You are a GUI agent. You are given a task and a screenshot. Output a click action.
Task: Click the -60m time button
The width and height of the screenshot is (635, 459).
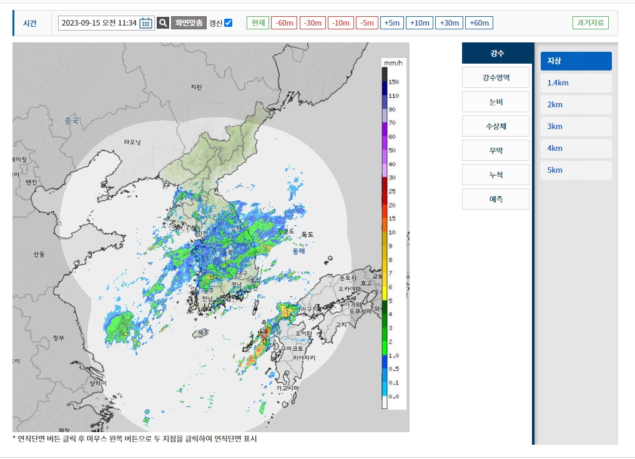click(x=284, y=23)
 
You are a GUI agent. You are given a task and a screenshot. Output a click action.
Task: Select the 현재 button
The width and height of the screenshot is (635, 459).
click(x=257, y=23)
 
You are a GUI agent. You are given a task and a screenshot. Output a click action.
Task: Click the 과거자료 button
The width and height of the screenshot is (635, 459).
click(x=590, y=23)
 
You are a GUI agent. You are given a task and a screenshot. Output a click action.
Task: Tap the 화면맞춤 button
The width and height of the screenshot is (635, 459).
click(x=189, y=23)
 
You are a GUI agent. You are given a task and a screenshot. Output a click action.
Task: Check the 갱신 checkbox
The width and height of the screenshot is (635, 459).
click(x=229, y=23)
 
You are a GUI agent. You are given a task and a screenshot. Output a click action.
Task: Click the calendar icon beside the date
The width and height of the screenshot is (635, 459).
click(x=146, y=23)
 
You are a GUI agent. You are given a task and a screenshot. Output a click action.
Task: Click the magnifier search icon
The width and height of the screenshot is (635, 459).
click(x=163, y=23)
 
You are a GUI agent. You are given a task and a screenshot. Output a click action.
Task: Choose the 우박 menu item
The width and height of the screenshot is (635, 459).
click(x=496, y=150)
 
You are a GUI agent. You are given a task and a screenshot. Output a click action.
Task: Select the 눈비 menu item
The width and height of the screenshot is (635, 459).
click(x=496, y=102)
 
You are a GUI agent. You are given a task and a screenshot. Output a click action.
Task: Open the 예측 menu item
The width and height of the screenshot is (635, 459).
click(x=496, y=199)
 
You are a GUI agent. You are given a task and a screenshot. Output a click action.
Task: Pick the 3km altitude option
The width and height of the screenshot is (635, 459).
click(x=576, y=127)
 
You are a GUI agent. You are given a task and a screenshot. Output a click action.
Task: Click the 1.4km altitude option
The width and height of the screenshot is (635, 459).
click(x=576, y=83)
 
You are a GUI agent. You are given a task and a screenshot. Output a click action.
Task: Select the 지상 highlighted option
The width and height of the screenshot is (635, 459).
click(x=576, y=61)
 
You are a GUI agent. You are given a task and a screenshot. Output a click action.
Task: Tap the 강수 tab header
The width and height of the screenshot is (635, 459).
click(x=498, y=54)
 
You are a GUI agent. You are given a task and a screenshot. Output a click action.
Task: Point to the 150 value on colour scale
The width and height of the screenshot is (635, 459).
click(x=393, y=82)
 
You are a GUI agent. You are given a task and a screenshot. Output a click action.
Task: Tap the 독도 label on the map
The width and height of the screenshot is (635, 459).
click(x=307, y=234)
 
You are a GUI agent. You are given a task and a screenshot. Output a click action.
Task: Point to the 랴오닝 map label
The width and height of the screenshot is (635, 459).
click(x=132, y=142)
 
